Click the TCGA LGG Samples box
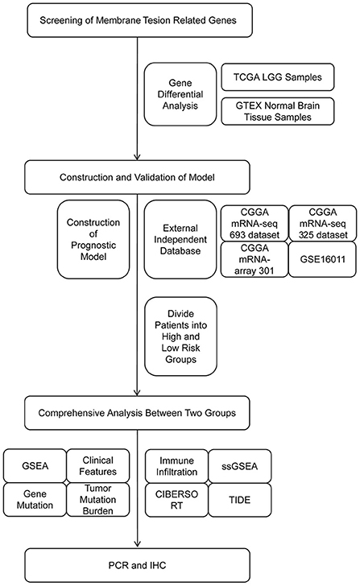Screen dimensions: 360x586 [x=277, y=77]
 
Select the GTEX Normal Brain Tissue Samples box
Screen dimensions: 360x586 [x=277, y=111]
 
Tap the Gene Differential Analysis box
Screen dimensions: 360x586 [x=180, y=94]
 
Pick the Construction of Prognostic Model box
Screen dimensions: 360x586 [x=93, y=239]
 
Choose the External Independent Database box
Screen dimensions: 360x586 [x=180, y=239]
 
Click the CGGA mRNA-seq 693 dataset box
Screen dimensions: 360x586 [x=254, y=223]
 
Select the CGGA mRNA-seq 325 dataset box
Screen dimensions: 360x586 [x=323, y=223]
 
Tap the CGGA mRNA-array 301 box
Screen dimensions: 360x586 [x=254, y=259]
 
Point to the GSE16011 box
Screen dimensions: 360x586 [x=323, y=259]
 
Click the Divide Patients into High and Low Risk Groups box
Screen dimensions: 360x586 [x=180, y=336]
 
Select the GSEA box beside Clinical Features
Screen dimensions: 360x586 [x=35, y=465]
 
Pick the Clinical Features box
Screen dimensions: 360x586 [x=98, y=465]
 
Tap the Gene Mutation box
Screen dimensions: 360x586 [x=35, y=500]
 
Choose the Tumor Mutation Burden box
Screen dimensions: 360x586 [x=98, y=500]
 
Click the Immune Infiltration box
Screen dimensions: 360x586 [x=176, y=466]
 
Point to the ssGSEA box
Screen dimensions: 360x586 [x=240, y=466]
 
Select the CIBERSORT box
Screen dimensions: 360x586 [x=176, y=500]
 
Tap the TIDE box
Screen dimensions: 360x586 [x=240, y=500]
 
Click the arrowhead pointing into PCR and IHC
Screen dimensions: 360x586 [x=137, y=544]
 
